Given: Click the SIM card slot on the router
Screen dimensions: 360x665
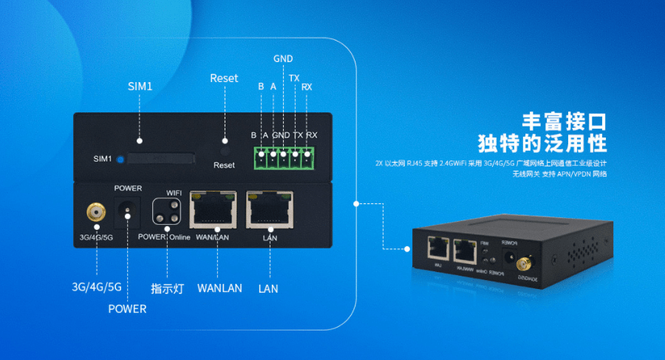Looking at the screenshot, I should click(160, 158).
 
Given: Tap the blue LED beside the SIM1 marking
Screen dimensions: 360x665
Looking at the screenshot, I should click(119, 158).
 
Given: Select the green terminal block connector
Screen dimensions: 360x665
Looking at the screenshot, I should click(284, 155).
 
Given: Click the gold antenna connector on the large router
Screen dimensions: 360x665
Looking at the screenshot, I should click(95, 214).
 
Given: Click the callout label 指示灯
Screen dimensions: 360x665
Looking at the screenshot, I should click(167, 288).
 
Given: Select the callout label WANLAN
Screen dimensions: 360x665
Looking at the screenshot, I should click(219, 288).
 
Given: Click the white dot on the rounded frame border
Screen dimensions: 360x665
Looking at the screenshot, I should click(355, 201).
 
